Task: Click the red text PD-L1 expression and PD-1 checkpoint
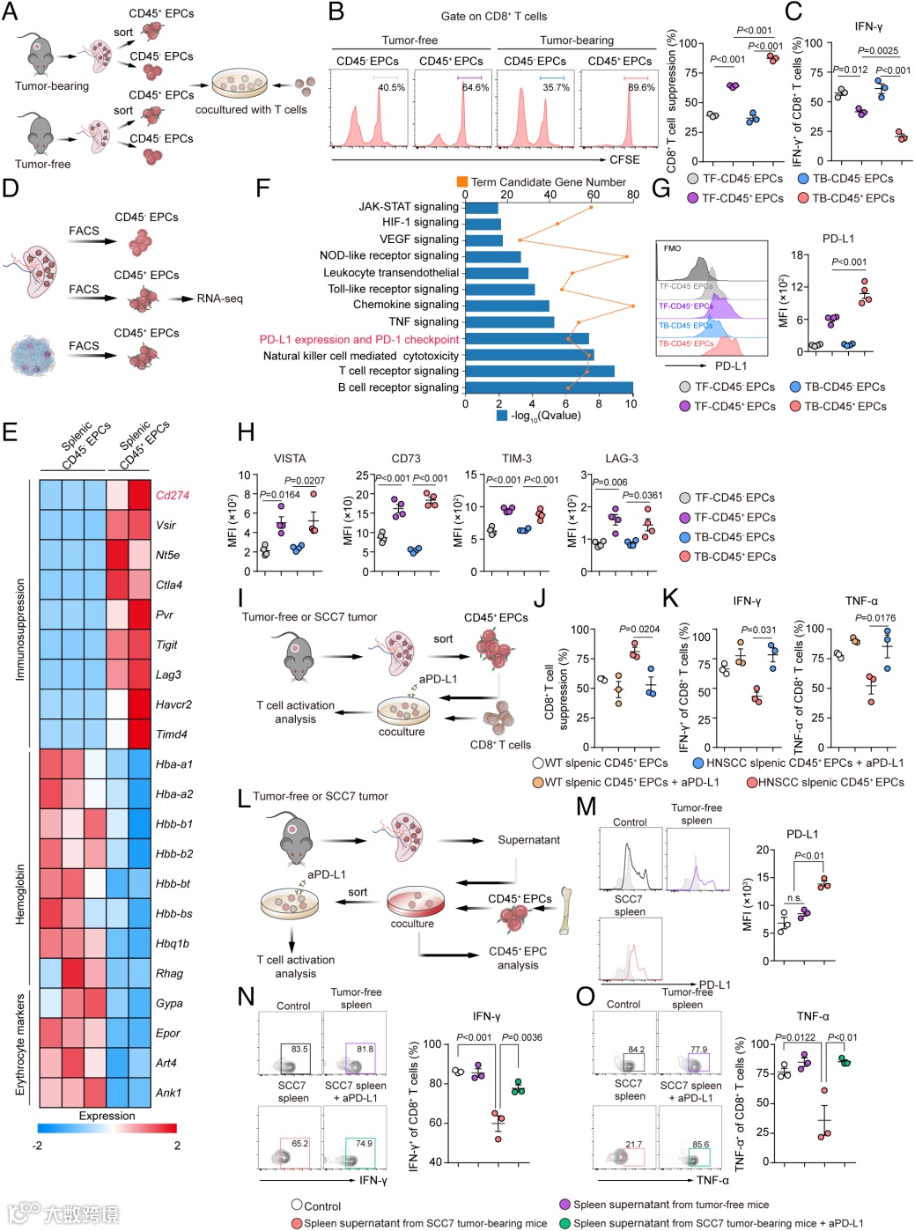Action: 359,339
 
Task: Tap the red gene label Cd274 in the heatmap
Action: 173,495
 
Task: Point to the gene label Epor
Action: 167,1033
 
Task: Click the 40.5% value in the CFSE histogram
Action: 391,88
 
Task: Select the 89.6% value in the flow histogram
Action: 641,88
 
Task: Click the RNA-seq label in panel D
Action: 219,299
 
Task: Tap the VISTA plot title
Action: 290,459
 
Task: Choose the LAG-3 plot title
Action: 622,459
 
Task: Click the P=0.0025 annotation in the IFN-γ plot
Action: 878,51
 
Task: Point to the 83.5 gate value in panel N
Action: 299,1050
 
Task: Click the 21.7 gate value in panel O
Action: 633,1145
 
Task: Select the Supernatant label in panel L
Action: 528,840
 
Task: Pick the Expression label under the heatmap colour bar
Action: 107,1116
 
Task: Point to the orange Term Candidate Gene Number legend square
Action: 461,181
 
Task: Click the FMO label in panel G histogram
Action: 672,248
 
